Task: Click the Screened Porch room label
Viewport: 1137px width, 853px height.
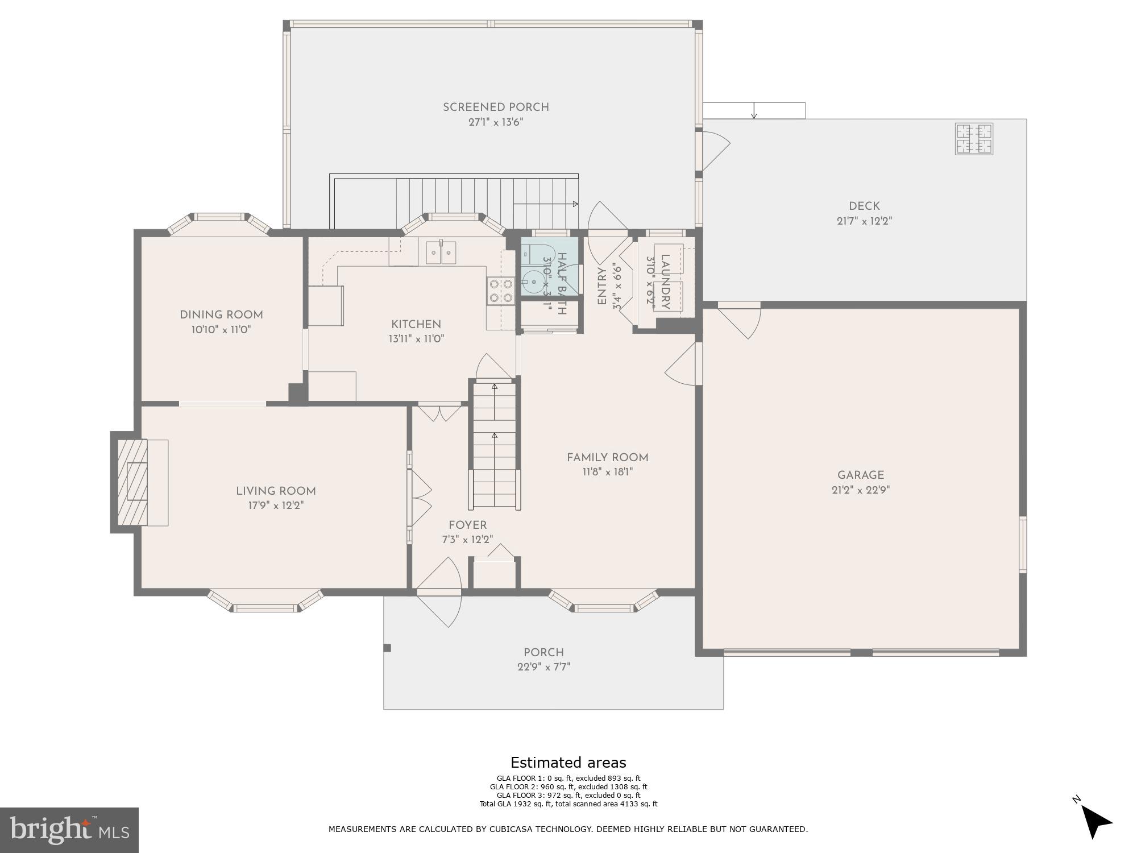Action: point(496,107)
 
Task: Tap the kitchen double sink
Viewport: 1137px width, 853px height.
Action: point(441,252)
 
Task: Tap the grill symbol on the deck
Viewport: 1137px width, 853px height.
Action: point(974,139)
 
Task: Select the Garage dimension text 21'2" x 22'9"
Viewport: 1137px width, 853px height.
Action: point(860,490)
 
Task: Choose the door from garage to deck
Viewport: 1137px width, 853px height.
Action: point(739,320)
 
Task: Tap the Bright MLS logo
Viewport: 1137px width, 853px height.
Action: point(69,830)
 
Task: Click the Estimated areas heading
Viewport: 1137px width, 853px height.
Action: point(568,763)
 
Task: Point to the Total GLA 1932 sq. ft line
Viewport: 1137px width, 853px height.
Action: point(568,804)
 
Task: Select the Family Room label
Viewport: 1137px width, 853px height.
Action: point(607,457)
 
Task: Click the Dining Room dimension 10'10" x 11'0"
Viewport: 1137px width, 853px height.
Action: point(221,329)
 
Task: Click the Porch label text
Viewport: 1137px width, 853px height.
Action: point(543,652)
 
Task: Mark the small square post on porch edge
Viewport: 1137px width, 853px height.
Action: point(387,648)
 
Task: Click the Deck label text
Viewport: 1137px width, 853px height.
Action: point(864,206)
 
